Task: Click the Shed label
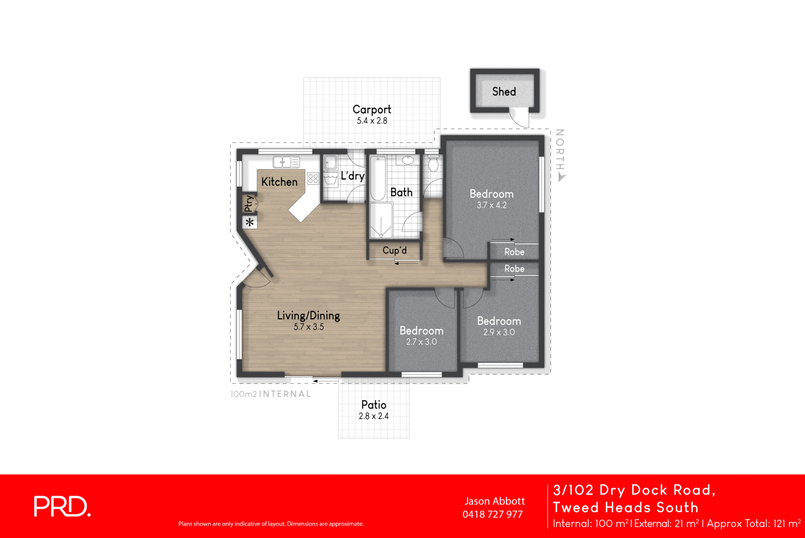504,91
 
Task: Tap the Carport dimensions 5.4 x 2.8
372,121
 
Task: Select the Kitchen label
279,182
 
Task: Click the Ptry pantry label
249,204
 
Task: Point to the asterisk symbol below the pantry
250,222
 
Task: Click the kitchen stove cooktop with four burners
313,178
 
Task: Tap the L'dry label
352,176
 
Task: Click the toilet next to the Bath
433,164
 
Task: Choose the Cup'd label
394,250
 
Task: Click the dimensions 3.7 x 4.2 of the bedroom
492,206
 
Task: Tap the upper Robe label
514,252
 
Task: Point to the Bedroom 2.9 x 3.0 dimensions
499,332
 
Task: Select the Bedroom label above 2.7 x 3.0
421,331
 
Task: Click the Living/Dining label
308,316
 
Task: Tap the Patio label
374,405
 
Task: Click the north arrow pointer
562,177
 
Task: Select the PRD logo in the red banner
62,506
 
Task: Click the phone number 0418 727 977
493,514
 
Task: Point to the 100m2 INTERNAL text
271,394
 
